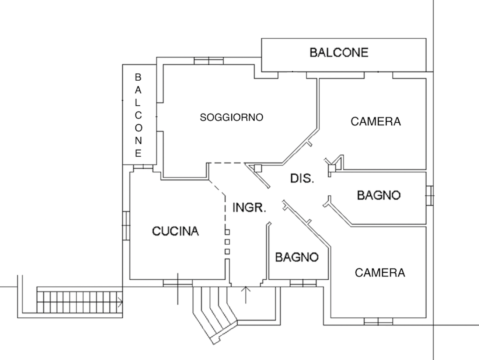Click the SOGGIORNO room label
click(231, 117)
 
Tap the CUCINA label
click(175, 231)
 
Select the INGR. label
click(249, 207)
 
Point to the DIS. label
click(302, 179)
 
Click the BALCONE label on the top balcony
click(339, 52)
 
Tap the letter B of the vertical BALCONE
click(138, 77)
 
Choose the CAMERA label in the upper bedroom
click(375, 121)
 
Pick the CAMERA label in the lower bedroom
click(380, 273)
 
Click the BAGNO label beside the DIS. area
click(379, 195)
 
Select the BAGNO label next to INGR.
click(297, 257)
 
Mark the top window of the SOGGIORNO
click(209, 60)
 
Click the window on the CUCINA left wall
click(126, 225)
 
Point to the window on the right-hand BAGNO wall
click(430, 195)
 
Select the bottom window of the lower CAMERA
click(378, 321)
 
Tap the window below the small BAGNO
click(303, 283)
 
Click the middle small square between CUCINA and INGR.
click(227, 242)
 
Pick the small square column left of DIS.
click(258, 168)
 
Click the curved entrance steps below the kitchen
click(216, 313)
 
